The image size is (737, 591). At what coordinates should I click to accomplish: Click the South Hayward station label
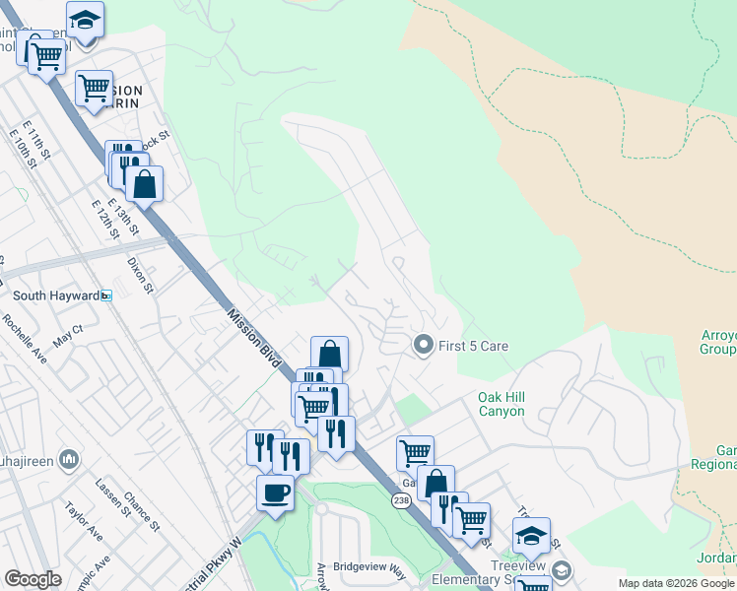coord(56,295)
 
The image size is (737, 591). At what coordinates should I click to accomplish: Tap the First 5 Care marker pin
coord(424,345)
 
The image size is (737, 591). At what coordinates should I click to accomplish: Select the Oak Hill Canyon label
coord(502,404)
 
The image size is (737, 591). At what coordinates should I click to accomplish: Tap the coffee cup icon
coord(275,492)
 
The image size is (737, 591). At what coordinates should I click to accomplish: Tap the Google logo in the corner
coord(33,579)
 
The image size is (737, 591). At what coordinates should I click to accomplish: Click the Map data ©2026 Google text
coord(677,583)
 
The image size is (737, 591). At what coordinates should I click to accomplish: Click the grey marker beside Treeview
coord(561,570)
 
